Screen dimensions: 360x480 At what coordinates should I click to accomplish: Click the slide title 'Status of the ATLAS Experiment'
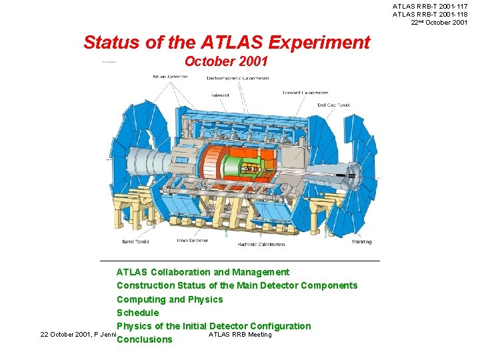pyautogui.click(x=226, y=43)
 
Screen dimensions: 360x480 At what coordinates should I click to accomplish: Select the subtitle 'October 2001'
pyautogui.click(x=226, y=62)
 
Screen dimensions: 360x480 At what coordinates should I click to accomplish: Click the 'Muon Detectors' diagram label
pyautogui.click(x=171, y=77)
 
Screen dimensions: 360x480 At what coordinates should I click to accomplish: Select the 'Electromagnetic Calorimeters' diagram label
pyautogui.click(x=238, y=78)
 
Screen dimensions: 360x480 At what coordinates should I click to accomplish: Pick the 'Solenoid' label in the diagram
pyautogui.click(x=220, y=95)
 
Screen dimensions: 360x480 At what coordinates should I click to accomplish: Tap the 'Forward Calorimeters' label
pyautogui.click(x=305, y=93)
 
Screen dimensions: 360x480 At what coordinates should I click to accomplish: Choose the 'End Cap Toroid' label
pyautogui.click(x=333, y=105)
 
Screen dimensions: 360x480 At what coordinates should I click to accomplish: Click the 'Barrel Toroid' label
pyautogui.click(x=134, y=242)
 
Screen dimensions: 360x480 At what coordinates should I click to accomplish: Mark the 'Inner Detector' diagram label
pyautogui.click(x=192, y=241)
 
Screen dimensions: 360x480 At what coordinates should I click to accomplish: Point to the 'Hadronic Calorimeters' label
pyautogui.click(x=261, y=245)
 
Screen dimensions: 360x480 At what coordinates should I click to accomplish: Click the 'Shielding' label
pyautogui.click(x=361, y=242)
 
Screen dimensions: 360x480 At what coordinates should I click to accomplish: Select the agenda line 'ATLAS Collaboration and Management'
pyautogui.click(x=203, y=272)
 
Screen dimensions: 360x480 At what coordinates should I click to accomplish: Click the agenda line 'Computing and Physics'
pyautogui.click(x=169, y=299)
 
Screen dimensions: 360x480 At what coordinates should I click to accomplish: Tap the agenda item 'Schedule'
pyautogui.click(x=137, y=313)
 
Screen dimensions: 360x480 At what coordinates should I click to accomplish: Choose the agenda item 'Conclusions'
pyautogui.click(x=144, y=339)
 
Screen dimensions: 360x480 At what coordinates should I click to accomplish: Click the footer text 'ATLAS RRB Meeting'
pyautogui.click(x=240, y=335)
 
